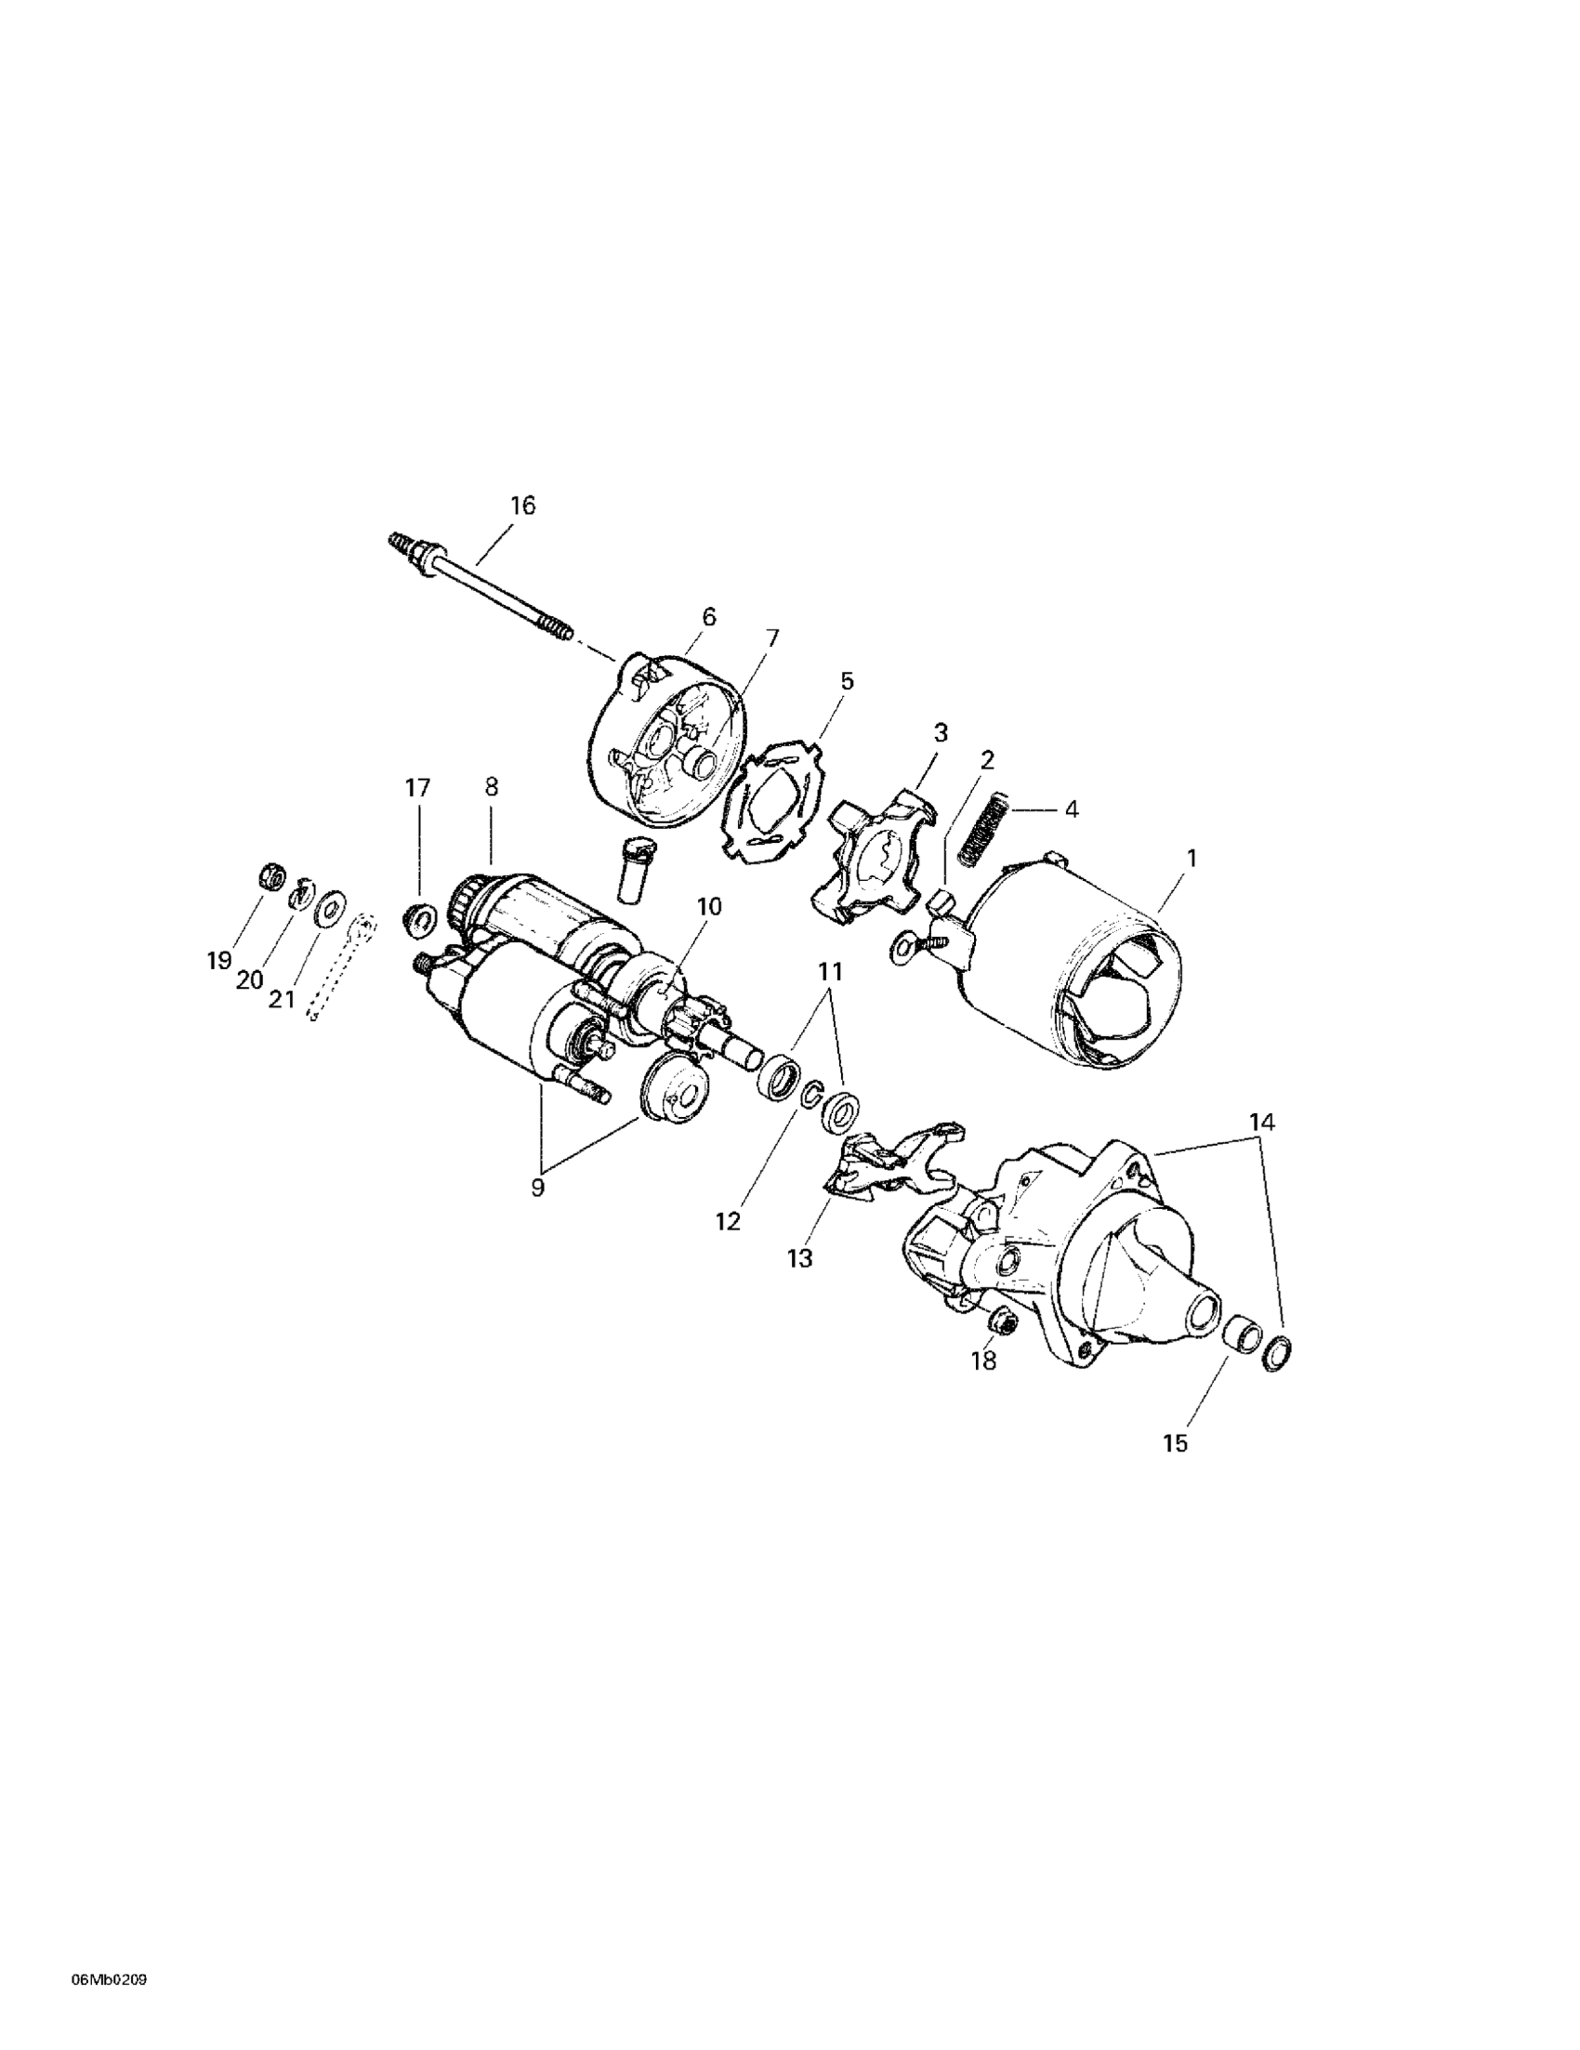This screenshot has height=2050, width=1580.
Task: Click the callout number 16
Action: pos(522,506)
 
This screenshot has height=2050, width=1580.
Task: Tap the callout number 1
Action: pos(1192,858)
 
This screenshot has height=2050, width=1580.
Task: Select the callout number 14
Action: pos(1263,1121)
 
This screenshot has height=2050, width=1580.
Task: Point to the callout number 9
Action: pos(537,1188)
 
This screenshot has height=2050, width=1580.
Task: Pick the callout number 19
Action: pos(218,961)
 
